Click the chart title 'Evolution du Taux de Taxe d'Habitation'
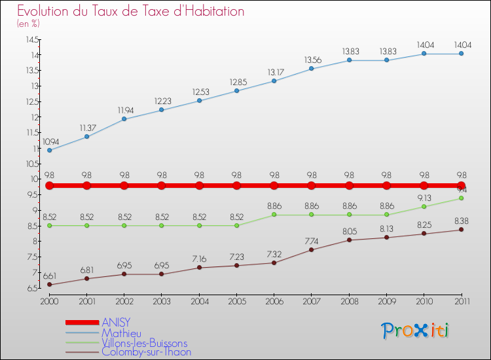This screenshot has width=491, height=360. pos(131,11)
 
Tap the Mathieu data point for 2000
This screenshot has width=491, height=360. pos(49,150)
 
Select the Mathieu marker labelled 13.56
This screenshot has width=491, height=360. pos(312,69)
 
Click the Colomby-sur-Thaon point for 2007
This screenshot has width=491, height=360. pos(312,249)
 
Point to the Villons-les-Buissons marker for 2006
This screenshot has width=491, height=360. pos(274,215)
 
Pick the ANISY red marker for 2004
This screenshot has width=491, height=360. pos(199,186)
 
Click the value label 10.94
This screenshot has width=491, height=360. pos(51,141)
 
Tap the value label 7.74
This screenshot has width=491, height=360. pos(312,241)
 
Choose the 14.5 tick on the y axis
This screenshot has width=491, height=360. pos(31,39)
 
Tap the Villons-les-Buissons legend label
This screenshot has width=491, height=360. pos(144,342)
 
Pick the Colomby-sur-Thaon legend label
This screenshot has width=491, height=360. pos(146,352)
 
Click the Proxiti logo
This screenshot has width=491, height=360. pos(416,331)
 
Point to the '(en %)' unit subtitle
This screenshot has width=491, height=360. pos(28,24)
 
